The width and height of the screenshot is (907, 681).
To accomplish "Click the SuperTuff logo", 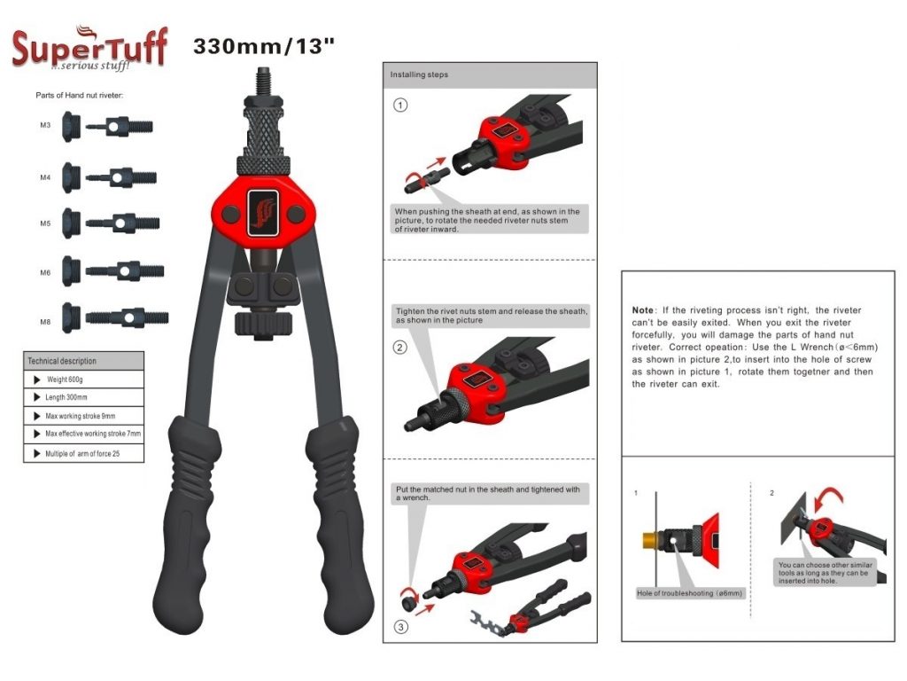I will click(89, 48).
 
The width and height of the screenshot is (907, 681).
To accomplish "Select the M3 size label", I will click(45, 126).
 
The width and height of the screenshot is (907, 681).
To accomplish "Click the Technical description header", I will click(62, 361).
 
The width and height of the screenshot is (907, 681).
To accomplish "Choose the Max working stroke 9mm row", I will click(81, 416).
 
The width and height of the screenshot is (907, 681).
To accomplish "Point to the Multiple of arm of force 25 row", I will click(85, 452).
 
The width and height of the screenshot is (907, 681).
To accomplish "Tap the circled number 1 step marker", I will click(401, 106).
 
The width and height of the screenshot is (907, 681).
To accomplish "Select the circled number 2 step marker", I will click(401, 348).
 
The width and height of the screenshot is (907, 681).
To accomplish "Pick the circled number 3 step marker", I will click(401, 628).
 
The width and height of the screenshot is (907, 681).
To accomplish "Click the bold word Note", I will click(642, 310).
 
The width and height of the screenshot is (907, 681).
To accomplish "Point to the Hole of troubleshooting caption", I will click(690, 592).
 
